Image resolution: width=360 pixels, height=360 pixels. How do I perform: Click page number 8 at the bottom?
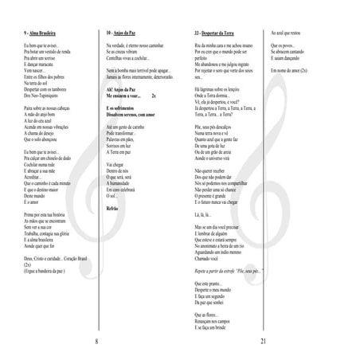click(x=96, y=342)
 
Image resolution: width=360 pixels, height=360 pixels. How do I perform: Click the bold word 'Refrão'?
click(x=114, y=206)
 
